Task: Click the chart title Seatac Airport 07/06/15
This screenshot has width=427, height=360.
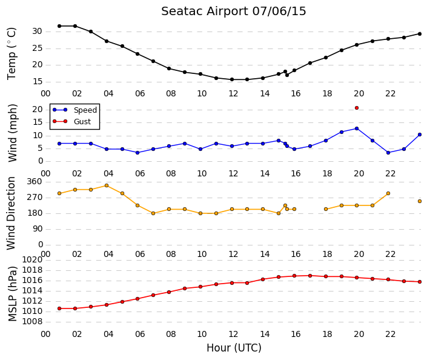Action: (x=233, y=12)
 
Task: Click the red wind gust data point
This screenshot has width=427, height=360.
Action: (x=357, y=108)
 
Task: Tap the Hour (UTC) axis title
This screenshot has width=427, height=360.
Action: (x=234, y=348)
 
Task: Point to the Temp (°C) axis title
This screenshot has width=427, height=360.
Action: (x=12, y=54)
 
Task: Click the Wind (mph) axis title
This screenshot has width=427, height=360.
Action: (x=13, y=133)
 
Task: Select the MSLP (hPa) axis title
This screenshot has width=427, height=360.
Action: (x=13, y=294)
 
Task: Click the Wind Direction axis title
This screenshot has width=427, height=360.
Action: (x=11, y=213)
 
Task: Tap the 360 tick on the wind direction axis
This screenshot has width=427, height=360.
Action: (x=35, y=182)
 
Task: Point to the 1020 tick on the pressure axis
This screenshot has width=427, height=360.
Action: (x=33, y=259)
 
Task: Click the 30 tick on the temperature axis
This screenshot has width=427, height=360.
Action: (x=38, y=32)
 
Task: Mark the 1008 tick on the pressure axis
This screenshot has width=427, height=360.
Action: (x=33, y=322)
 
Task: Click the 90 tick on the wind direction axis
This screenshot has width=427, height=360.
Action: (x=38, y=229)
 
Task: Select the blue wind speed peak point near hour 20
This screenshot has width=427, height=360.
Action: (x=357, y=128)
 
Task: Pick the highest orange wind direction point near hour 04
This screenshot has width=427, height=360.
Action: (x=107, y=185)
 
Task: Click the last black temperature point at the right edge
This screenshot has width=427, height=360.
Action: (x=420, y=34)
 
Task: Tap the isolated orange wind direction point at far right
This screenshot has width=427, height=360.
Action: (x=420, y=201)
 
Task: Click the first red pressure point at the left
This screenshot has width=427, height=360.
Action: (x=59, y=308)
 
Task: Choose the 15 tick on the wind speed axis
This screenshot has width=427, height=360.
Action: (x=38, y=122)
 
